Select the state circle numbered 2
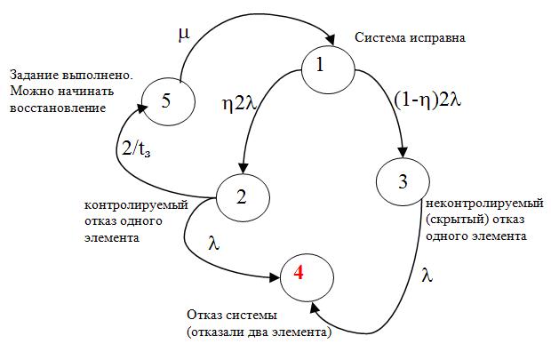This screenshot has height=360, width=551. (x=241, y=196)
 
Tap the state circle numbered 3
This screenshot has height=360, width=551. (x=402, y=182)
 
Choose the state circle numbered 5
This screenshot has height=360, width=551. (x=166, y=100)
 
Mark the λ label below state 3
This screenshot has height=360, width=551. (x=427, y=276)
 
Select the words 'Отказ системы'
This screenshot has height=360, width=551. (x=232, y=316)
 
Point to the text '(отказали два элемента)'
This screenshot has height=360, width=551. (x=260, y=332)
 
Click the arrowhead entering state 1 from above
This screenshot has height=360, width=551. (x=331, y=40)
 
